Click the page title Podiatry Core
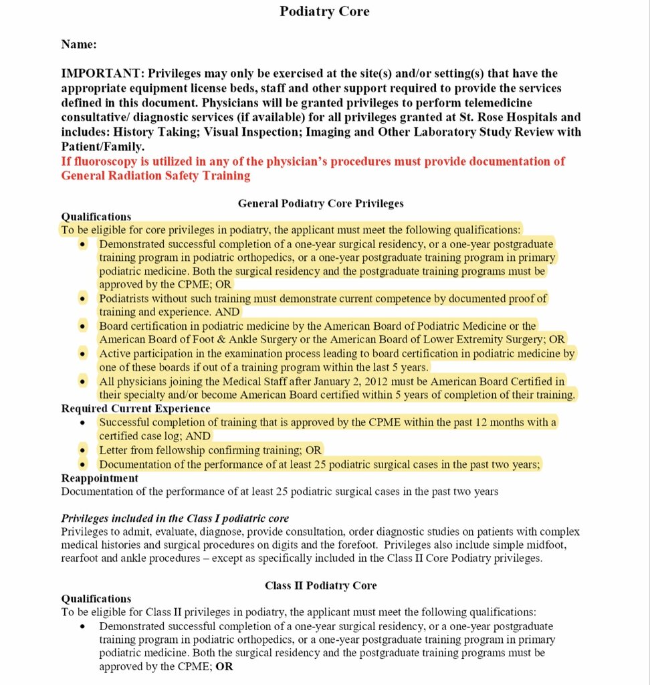pos(324,11)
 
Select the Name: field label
pos(79,45)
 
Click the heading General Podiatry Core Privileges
pos(321,203)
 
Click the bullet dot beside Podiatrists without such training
pos(82,299)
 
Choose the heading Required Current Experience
pos(136,408)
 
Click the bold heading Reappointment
pos(100,478)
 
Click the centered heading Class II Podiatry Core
pos(321,585)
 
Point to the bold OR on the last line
pos(224,667)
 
